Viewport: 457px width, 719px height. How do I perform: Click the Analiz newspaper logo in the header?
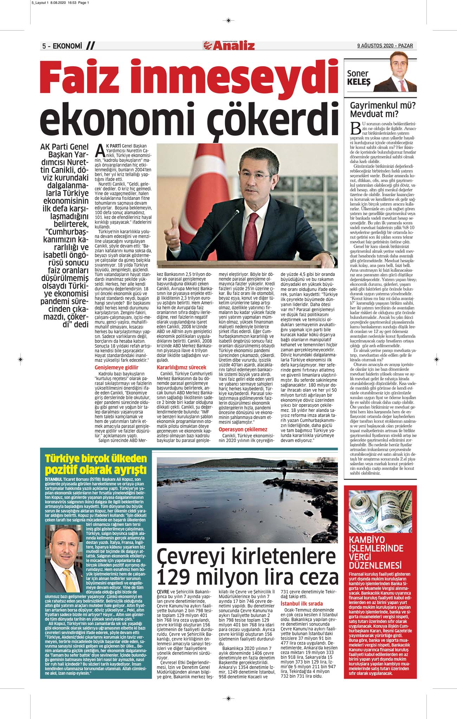[229, 46]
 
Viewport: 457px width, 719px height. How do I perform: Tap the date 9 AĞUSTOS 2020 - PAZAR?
[385, 46]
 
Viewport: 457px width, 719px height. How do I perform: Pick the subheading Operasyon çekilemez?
[243, 429]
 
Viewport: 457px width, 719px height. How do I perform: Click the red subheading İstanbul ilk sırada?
[302, 604]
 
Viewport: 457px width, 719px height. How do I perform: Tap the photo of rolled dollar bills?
[380, 511]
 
